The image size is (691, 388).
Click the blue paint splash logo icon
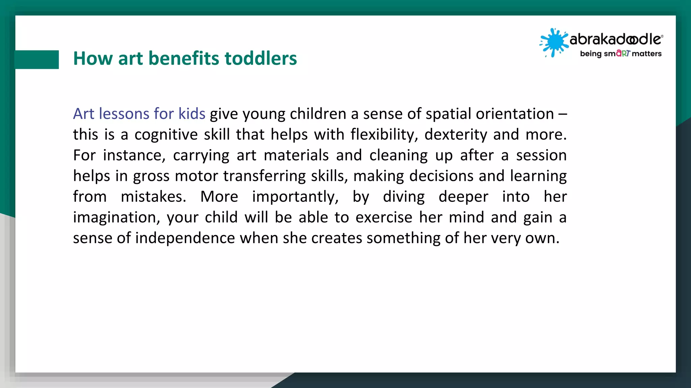click(x=554, y=42)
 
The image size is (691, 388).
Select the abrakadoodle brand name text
click(x=616, y=39)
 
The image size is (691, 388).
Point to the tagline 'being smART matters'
click(x=620, y=54)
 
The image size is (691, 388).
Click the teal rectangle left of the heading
click(x=37, y=60)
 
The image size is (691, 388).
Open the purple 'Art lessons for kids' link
click(x=139, y=114)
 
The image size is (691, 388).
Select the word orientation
click(x=515, y=114)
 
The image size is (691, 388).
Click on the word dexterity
click(x=455, y=135)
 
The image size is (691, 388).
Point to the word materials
click(x=296, y=155)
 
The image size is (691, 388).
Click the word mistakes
click(x=153, y=197)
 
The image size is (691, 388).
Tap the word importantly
click(x=295, y=197)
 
